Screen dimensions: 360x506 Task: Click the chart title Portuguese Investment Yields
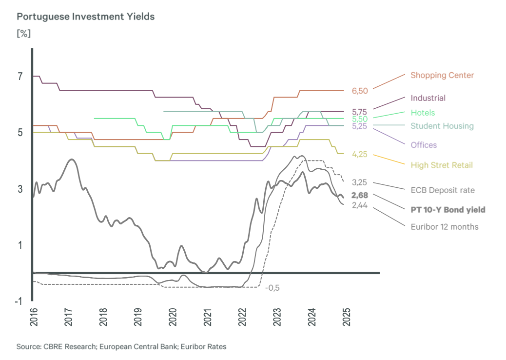(x=86, y=17)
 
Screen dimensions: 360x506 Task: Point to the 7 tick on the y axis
(x=20, y=77)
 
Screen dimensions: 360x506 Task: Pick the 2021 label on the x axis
(x=208, y=318)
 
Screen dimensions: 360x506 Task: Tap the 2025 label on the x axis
(x=346, y=318)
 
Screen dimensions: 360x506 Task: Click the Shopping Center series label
(x=442, y=75)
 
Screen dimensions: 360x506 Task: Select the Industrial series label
(x=428, y=98)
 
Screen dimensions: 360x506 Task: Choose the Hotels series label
(x=423, y=113)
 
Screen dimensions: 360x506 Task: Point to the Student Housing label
(x=442, y=126)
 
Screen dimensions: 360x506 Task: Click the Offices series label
(x=424, y=145)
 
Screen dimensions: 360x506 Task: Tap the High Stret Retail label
(x=442, y=165)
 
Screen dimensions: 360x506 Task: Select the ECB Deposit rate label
(x=442, y=190)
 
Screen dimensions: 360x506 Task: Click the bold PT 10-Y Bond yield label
(x=448, y=210)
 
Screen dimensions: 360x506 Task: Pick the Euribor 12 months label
(x=444, y=226)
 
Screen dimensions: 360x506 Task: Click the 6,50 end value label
(x=360, y=91)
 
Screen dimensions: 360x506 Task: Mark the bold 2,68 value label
(x=360, y=195)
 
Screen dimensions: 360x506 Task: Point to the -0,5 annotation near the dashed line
(x=272, y=288)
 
